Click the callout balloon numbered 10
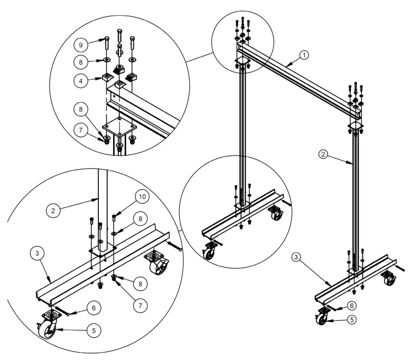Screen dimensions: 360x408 (x=142, y=197)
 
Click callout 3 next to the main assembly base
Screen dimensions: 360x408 (x=296, y=257)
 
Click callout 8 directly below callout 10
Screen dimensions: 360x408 (x=142, y=218)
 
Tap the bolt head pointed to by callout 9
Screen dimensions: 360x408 (x=108, y=39)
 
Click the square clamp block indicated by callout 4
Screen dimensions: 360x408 (x=107, y=77)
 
